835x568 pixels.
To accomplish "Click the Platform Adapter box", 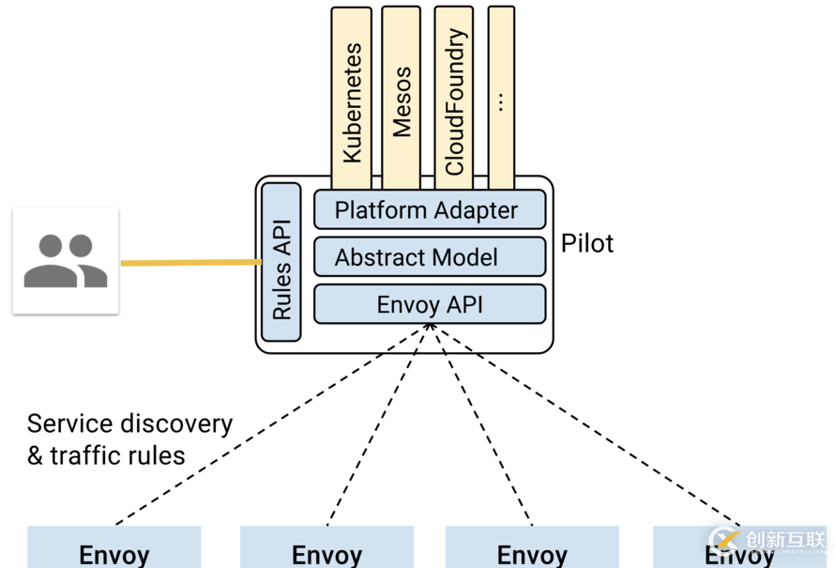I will (429, 209).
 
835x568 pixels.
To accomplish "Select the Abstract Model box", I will (429, 256).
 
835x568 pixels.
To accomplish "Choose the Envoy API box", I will (429, 303).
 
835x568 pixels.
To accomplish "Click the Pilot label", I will (587, 243).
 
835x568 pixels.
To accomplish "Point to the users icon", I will (66, 260).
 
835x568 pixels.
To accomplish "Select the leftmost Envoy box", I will (114, 547).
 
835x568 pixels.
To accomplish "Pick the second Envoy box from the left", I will (326, 547).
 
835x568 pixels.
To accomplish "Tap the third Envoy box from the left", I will (531, 547).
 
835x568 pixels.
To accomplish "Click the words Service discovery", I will (129, 423).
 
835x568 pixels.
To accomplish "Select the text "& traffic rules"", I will (106, 456).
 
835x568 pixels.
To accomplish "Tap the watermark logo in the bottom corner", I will (769, 540).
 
